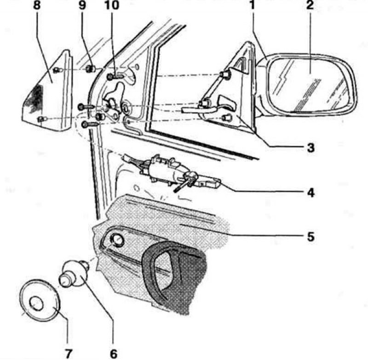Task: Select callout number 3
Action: click(x=310, y=148)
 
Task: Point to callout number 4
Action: click(x=310, y=193)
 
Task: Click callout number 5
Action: click(x=310, y=237)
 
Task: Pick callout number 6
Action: click(x=114, y=354)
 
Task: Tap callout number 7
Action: click(x=68, y=354)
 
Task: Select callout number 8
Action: click(x=37, y=5)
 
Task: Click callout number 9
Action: click(x=82, y=5)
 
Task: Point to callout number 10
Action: click(x=112, y=5)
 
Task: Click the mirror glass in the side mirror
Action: click(x=310, y=86)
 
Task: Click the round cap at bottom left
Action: click(x=40, y=300)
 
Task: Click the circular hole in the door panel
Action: click(x=117, y=240)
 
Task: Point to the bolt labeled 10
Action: click(x=115, y=76)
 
